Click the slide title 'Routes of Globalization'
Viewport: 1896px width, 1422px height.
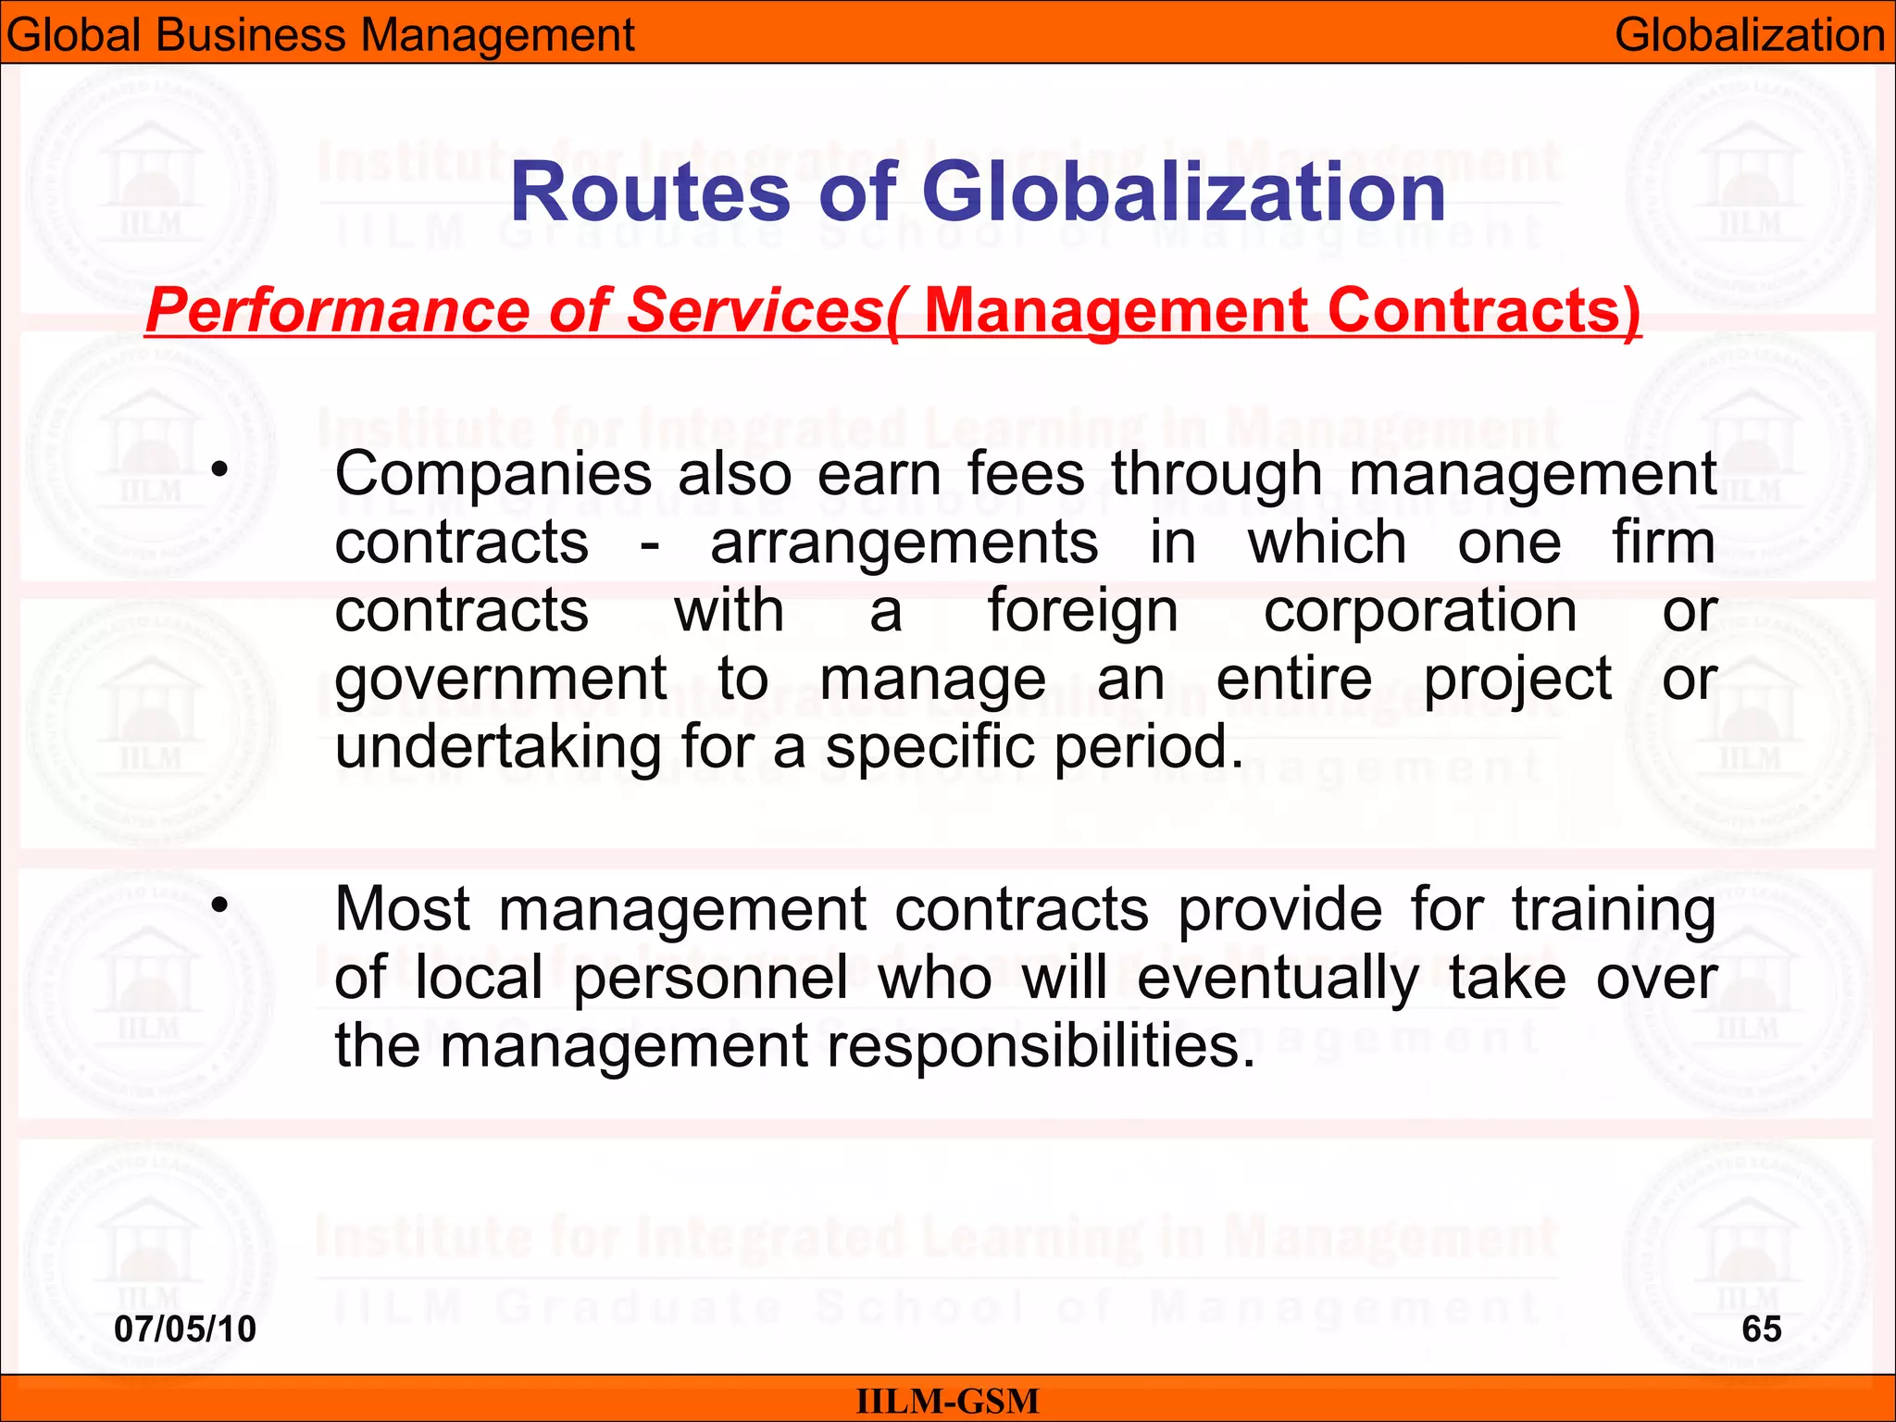[977, 193]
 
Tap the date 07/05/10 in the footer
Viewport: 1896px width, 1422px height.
[185, 1329]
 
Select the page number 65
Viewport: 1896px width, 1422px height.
[1761, 1329]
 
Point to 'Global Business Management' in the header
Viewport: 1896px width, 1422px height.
[320, 35]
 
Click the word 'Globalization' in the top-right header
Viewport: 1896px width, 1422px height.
[1750, 35]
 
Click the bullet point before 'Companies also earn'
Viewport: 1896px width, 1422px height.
[218, 469]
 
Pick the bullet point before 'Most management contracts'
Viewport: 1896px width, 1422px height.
[218, 904]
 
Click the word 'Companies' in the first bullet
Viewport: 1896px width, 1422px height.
[493, 475]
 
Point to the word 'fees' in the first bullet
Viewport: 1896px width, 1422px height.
[1027, 475]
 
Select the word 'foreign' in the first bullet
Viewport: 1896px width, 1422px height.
[1083, 613]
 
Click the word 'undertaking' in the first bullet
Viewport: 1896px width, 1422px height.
[498, 747]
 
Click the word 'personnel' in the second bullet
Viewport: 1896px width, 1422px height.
[710, 978]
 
